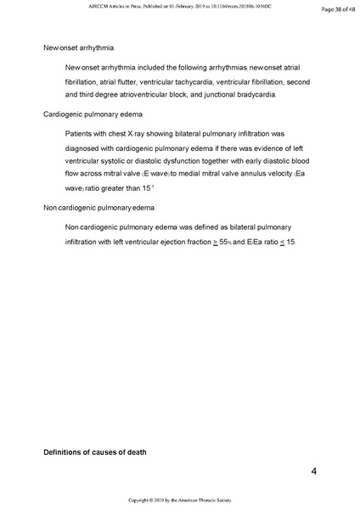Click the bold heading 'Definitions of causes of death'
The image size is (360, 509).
[x=95, y=452]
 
